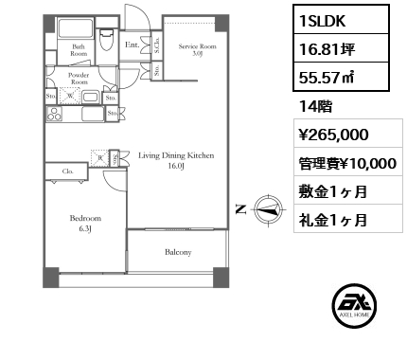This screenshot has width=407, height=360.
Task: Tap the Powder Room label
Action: [x=78, y=79]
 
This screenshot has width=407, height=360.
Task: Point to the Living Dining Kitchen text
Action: [x=176, y=159]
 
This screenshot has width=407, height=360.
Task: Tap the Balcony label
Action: [x=178, y=252]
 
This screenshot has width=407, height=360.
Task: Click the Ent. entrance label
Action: [x=133, y=44]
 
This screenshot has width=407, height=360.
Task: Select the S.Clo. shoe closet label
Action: [x=155, y=42]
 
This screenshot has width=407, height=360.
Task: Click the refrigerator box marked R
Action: [x=99, y=158]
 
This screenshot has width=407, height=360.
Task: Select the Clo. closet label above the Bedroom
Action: [x=68, y=172]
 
